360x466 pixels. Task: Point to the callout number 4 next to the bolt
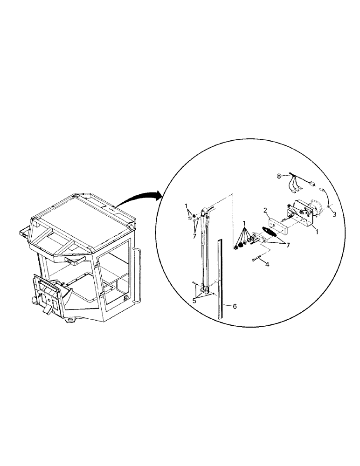point(267,264)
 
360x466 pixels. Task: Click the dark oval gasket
point(269,233)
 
